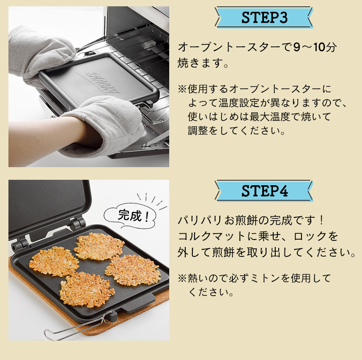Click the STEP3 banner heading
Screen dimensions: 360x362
coord(264,18)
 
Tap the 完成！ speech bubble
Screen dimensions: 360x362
coord(130,216)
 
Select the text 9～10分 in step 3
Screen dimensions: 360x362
coord(314,47)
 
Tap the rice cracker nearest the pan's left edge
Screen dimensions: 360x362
coord(53,261)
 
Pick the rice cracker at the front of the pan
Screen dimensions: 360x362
coord(87,289)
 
